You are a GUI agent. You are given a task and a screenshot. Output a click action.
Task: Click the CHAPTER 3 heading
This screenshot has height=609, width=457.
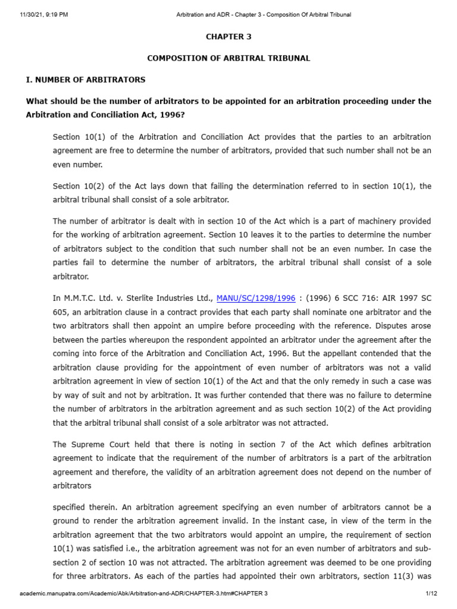click(x=228, y=36)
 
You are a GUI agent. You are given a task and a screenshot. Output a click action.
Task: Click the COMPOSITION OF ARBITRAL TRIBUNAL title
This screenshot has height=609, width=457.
click(x=228, y=58)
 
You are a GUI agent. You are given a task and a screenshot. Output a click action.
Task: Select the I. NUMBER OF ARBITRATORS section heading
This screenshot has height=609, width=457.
click(x=86, y=80)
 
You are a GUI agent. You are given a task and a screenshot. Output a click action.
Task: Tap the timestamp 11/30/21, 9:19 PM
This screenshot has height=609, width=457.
click(x=39, y=14)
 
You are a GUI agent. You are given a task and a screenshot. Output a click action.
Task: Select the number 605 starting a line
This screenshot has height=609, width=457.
click(x=61, y=312)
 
